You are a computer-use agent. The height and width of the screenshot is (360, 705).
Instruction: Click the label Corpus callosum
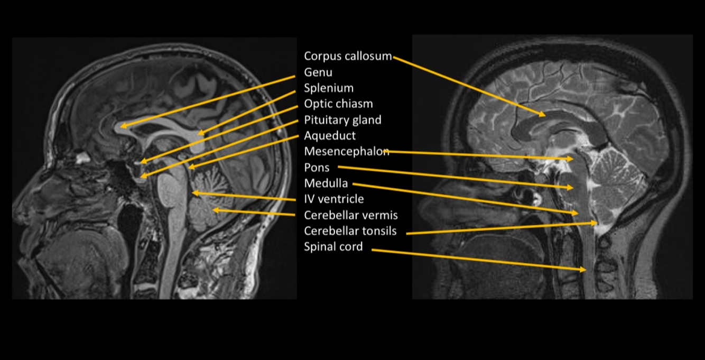coord(348,56)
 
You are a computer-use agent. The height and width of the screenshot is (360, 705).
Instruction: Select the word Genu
coord(318,72)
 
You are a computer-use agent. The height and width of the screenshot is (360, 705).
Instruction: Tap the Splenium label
coord(329,88)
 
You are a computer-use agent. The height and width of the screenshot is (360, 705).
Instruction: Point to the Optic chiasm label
coord(338,104)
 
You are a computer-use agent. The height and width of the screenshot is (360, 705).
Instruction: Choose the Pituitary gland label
coord(342,120)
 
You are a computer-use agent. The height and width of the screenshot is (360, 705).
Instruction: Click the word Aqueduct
coord(330,136)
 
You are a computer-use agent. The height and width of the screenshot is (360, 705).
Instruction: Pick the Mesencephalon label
coord(347,152)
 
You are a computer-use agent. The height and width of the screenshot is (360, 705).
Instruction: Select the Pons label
coord(317,168)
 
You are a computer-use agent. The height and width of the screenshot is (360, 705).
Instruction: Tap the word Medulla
coord(326,183)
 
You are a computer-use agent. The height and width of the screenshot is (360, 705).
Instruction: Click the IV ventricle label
coord(334,199)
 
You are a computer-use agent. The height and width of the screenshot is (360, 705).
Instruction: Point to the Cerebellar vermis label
coord(351,215)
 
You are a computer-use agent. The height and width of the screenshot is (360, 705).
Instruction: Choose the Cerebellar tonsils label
coord(350,231)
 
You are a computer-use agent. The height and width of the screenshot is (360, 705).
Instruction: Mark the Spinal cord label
coord(333,246)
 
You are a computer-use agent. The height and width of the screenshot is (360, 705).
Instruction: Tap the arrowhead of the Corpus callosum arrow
coord(544,114)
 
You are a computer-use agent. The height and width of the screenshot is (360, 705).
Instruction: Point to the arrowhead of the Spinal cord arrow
coord(585,270)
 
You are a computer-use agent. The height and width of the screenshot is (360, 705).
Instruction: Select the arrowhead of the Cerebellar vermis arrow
coord(213,210)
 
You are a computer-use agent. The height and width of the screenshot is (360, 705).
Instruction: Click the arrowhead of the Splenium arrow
coord(199,134)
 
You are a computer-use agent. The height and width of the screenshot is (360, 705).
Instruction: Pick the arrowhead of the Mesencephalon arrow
coord(572,158)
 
